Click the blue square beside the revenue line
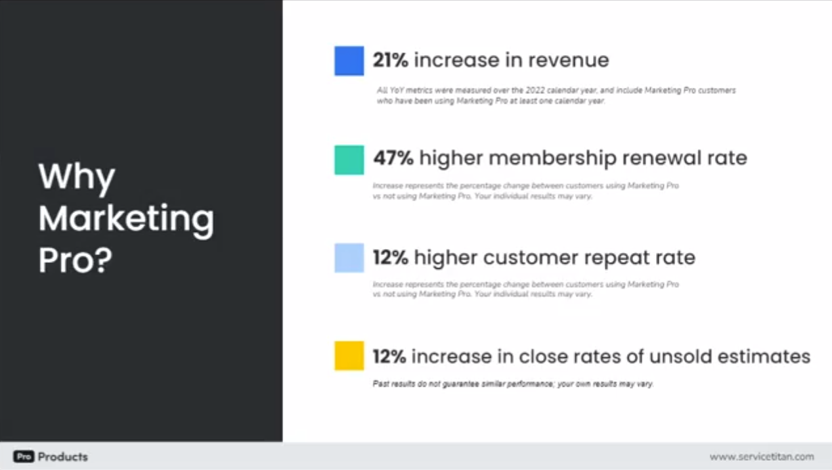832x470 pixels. (349, 60)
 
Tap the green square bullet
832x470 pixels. (349, 160)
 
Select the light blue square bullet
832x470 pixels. (349, 258)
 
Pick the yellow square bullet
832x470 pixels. (349, 356)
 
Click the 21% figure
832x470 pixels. (390, 60)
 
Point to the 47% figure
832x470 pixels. (393, 158)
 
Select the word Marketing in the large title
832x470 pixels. (126, 218)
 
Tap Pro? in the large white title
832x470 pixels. (75, 260)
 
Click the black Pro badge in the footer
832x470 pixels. (23, 456)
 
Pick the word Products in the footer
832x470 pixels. (62, 456)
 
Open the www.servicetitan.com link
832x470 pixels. (761, 456)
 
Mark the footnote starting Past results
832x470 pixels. (513, 383)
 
